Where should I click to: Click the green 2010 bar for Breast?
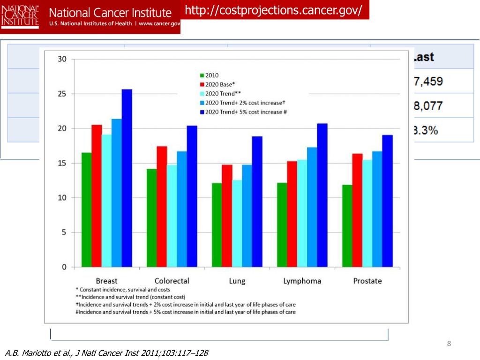(86, 210)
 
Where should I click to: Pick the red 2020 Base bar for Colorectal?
(162, 207)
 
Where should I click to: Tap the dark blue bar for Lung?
(257, 202)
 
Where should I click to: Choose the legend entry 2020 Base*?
(216, 84)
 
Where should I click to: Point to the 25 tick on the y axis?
(62, 94)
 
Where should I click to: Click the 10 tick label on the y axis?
(62, 198)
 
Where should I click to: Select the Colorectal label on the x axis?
(172, 281)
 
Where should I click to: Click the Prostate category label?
(367, 281)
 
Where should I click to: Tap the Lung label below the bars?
(237, 281)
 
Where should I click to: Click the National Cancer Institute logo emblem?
(20, 16)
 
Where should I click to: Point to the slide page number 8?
(449, 345)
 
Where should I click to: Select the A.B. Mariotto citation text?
(107, 353)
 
